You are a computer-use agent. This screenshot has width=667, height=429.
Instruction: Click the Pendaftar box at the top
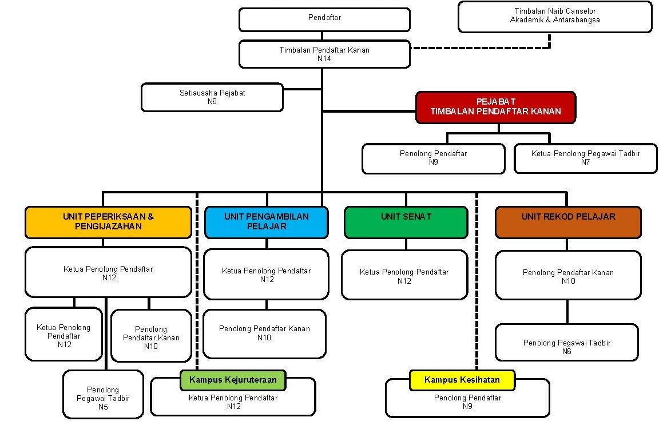tap(324, 19)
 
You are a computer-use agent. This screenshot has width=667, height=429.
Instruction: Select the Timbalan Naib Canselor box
tap(555, 17)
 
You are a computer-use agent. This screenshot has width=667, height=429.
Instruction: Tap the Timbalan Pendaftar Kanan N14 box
tap(324, 54)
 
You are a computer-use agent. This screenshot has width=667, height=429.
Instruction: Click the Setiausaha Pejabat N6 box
tap(212, 97)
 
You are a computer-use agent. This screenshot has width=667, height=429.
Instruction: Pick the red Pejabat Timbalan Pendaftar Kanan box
tap(495, 107)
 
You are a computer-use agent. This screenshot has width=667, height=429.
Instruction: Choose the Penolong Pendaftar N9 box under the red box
tap(434, 158)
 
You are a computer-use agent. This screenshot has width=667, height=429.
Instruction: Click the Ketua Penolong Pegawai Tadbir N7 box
tap(585, 158)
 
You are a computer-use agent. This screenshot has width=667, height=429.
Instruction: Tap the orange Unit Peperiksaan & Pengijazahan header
tap(109, 222)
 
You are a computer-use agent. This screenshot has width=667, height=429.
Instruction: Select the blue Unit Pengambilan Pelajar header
tap(267, 222)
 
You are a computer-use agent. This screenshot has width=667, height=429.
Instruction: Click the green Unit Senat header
tap(406, 222)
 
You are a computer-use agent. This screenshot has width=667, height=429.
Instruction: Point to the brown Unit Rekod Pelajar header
tap(568, 222)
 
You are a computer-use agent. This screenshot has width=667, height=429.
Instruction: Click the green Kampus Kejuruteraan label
tap(233, 380)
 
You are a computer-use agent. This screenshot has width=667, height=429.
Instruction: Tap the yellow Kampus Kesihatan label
tap(462, 380)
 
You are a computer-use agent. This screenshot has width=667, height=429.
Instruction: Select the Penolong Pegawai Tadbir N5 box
tap(103, 394)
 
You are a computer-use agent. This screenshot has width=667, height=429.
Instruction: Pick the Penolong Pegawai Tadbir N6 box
tap(567, 343)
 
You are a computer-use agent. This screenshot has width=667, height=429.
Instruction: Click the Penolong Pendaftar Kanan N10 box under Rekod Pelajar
tap(568, 275)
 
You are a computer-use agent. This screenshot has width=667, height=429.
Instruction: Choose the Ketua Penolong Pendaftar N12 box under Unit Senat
tap(404, 275)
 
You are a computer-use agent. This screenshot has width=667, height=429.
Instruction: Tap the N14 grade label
tap(324, 59)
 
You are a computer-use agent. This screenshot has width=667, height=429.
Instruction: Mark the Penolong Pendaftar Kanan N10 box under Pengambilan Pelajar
tap(265, 333)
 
